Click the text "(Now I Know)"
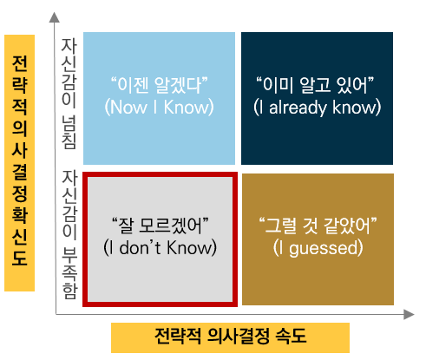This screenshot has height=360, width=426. coord(159,108)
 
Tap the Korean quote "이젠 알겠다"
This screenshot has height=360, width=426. coord(160,85)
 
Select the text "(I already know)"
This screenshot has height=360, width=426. coord(318,108)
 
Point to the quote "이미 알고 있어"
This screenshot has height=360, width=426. coord(315,85)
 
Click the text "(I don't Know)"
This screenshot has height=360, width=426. coord(160,247)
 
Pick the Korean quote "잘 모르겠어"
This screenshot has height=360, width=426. coord(161,226)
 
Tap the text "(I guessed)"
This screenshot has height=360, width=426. coord(318,248)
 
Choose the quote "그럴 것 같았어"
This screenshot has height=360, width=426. coord(318,226)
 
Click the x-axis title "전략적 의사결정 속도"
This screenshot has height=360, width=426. coord(231,337)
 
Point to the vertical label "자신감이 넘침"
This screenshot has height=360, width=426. coord(69,94)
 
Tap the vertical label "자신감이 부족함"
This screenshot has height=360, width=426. coord(69,234)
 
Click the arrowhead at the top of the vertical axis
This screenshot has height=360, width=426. coord(54,17)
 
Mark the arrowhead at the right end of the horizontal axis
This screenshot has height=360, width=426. coord(409,314)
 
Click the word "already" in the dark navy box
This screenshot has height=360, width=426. coord(298,108)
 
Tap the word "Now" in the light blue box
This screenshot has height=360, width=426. coord(128,108)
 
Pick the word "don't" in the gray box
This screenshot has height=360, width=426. coord(140,247)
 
